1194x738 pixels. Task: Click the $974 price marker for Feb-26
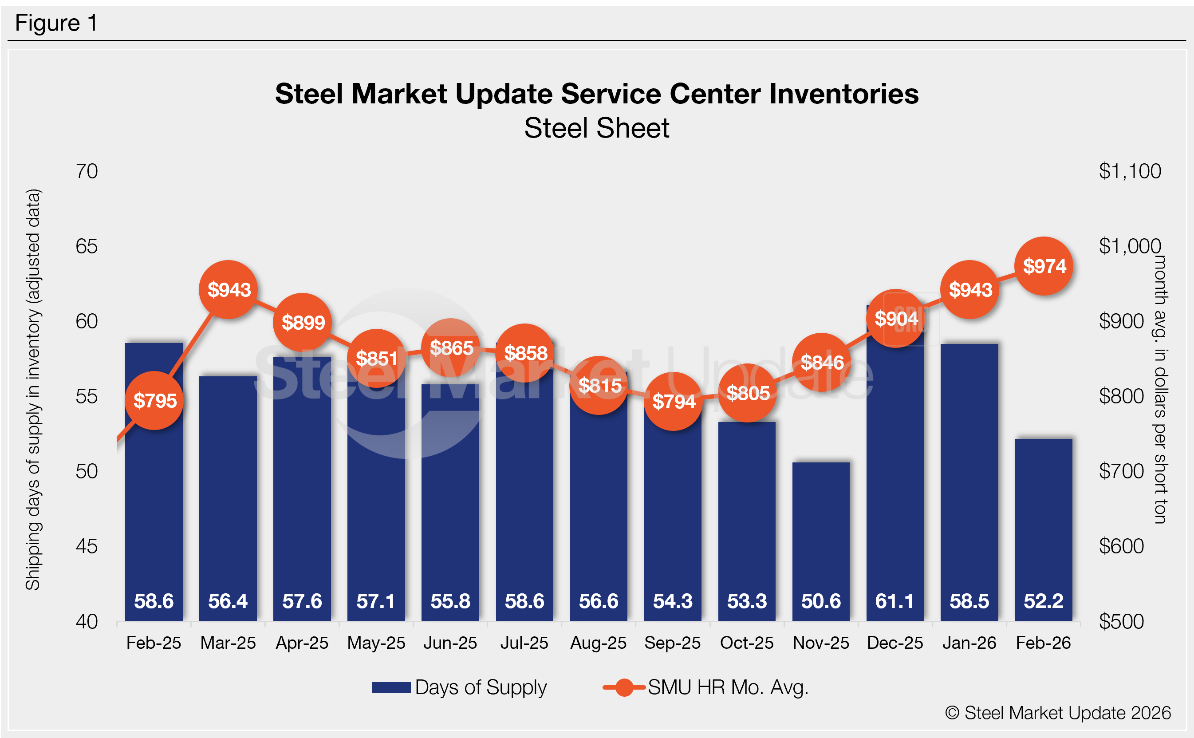click(1044, 266)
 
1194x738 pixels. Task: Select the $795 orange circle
click(155, 401)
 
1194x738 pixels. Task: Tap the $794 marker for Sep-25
click(674, 401)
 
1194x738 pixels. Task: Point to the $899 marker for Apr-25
click(303, 322)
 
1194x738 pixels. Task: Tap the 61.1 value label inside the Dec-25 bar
click(895, 601)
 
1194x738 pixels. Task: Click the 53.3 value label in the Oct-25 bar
click(747, 601)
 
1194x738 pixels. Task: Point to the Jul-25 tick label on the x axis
click(524, 643)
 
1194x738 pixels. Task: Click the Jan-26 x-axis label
click(969, 643)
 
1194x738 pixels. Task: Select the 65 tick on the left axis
click(87, 246)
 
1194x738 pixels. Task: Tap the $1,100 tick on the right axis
click(1130, 171)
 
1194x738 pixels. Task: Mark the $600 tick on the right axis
click(1121, 546)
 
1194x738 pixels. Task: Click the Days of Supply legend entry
click(459, 687)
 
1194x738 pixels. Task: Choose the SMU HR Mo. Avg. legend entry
click(705, 687)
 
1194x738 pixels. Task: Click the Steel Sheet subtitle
click(597, 128)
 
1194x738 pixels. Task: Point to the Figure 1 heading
click(56, 23)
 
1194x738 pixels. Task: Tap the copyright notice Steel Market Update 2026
click(1058, 713)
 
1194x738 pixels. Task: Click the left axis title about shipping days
click(33, 389)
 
